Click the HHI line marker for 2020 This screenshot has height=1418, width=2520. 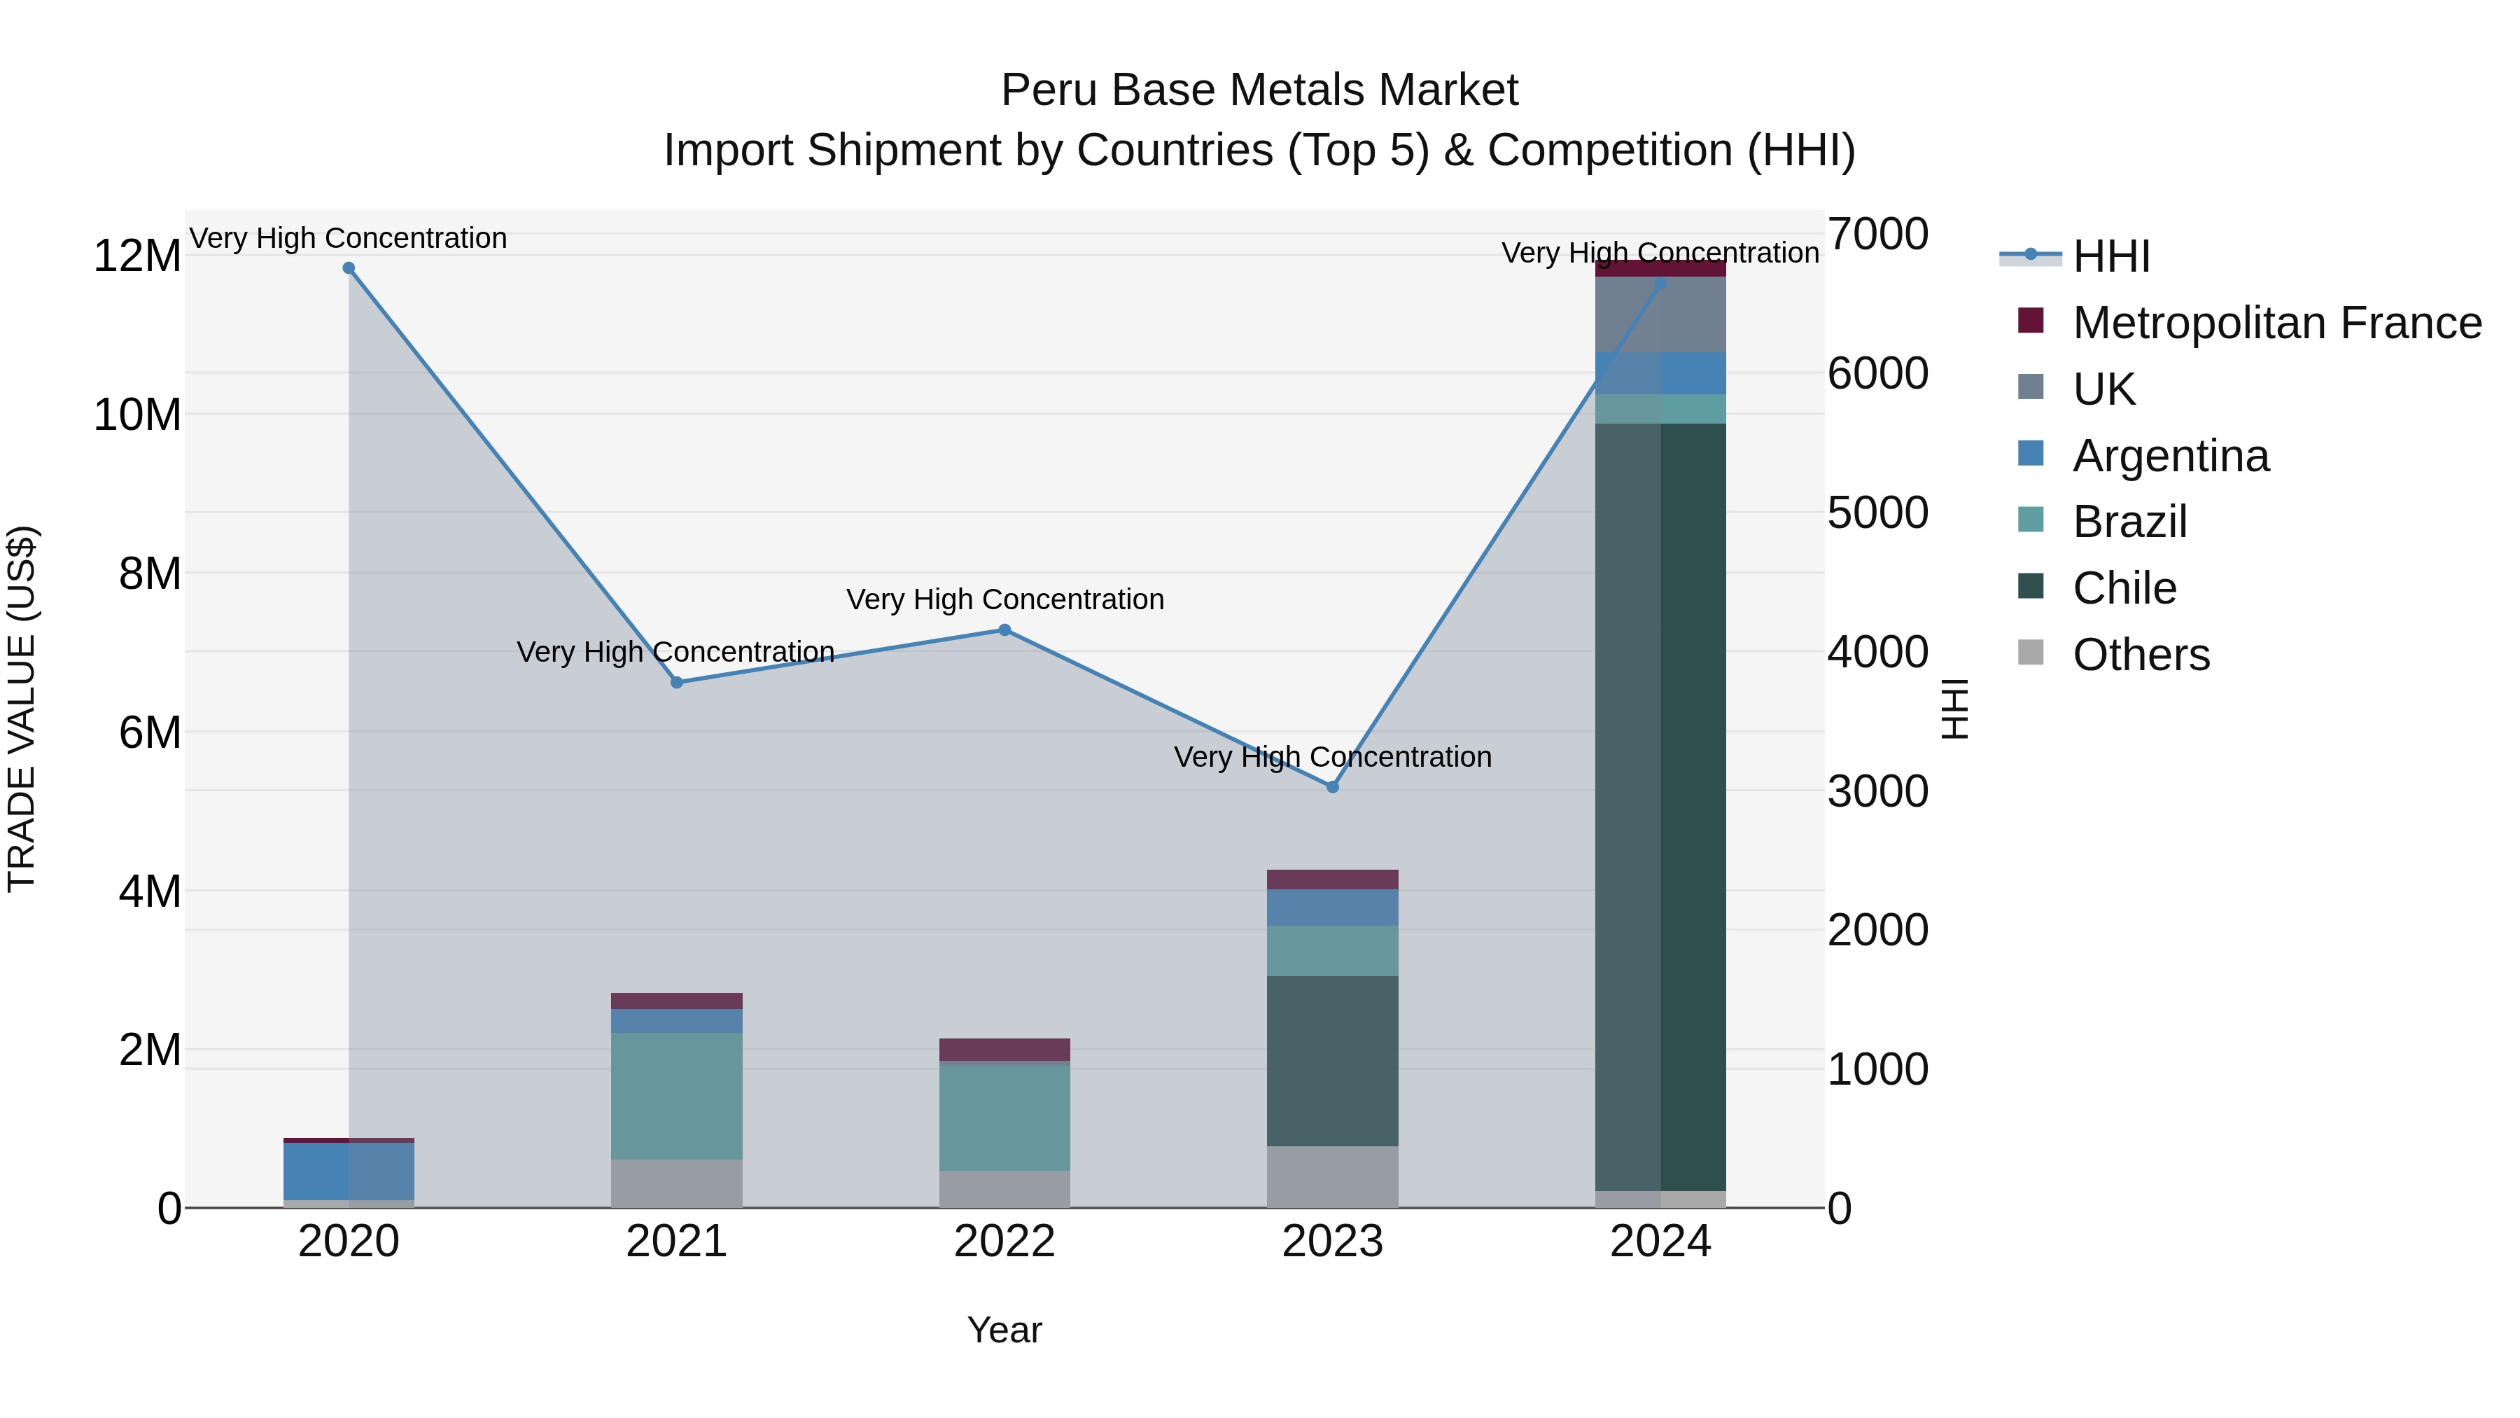point(349,268)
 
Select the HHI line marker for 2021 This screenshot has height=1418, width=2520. point(677,682)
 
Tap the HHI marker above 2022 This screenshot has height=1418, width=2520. point(1004,630)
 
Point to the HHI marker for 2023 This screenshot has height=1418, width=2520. point(1332,787)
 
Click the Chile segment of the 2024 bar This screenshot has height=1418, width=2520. point(1660,807)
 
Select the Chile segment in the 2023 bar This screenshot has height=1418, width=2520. point(1332,1061)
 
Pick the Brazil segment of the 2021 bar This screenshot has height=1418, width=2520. point(677,1096)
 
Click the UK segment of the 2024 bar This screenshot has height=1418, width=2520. point(1660,315)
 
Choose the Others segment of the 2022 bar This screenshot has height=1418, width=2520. point(1004,1189)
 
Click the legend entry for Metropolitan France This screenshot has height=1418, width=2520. point(2276,323)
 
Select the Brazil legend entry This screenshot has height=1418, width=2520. point(2129,522)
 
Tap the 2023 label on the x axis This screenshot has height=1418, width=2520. point(1332,1242)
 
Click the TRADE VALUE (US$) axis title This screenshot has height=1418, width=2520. point(22,709)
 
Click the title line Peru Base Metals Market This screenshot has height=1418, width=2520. point(1259,90)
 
